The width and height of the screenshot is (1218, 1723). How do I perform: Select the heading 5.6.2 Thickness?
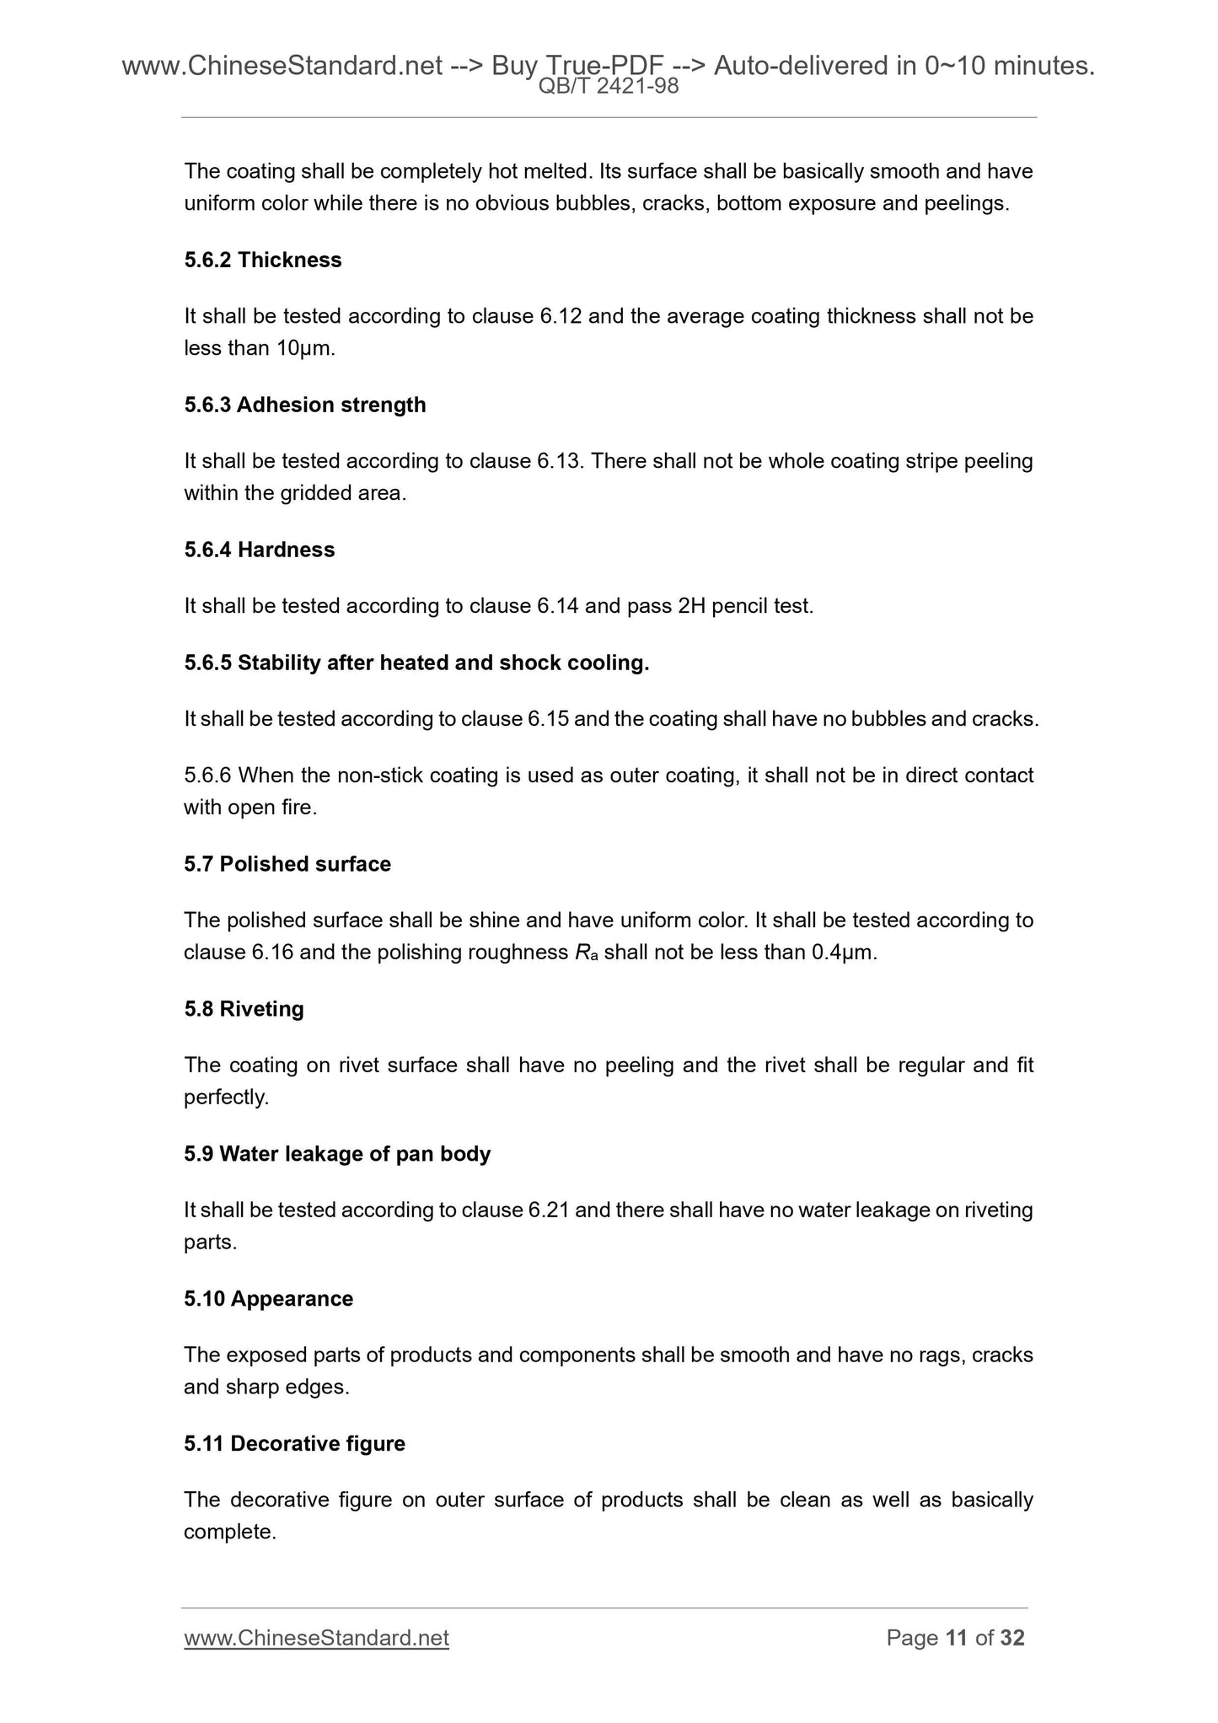pos(263,260)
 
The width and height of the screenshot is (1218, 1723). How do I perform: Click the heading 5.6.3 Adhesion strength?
pos(305,405)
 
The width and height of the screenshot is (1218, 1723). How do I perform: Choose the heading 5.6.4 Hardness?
pos(260,550)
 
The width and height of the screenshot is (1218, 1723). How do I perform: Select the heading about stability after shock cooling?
pos(416,663)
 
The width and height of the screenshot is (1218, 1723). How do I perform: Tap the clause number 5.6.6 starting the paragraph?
pos(208,776)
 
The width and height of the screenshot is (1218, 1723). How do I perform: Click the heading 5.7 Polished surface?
pos(287,865)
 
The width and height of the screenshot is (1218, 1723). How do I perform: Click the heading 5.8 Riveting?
pos(244,1010)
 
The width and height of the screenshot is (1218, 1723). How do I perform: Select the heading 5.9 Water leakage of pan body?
pos(337,1154)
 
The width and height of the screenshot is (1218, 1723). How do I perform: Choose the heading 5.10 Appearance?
pos(268,1299)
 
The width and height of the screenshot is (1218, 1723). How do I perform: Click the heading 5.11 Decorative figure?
pos(294,1444)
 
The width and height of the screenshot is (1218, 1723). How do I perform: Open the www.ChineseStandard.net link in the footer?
pos(316,1638)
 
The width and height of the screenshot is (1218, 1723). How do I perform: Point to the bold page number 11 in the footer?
pos(956,1638)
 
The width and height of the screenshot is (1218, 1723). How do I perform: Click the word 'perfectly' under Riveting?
pos(226,1098)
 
